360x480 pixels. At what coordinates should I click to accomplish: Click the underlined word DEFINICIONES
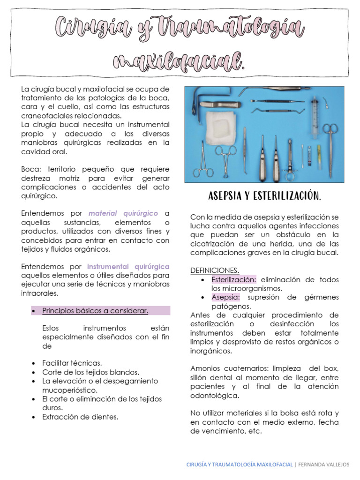pos(215,270)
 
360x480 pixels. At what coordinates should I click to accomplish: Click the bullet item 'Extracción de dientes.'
pos(80,416)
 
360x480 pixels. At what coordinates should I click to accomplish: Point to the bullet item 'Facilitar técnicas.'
pos(72,363)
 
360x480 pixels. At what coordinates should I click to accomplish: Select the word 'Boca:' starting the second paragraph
pos(30,169)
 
